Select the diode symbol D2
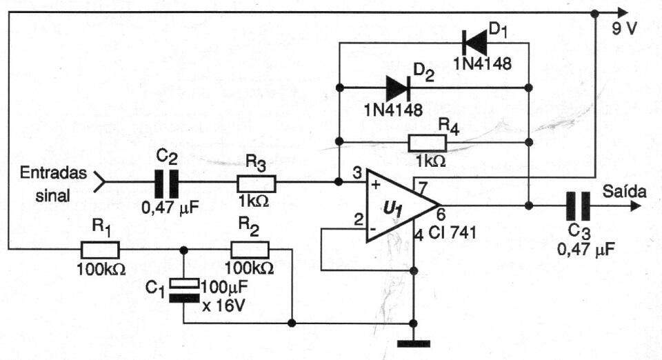tap(398, 88)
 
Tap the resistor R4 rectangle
tap(428, 143)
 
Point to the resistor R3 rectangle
tap(257, 183)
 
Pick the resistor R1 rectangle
tap(100, 250)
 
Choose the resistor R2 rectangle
tap(250, 250)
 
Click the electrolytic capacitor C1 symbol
tap(183, 290)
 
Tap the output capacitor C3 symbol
tap(579, 206)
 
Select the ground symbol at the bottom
tap(414, 344)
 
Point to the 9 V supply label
tap(625, 29)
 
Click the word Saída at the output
tap(625, 191)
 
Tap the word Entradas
tap(53, 173)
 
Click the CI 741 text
tap(452, 232)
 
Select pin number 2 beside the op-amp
tap(359, 220)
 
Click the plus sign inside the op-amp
tap(377, 184)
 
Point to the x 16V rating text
tap(223, 305)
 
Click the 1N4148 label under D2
tap(394, 110)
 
